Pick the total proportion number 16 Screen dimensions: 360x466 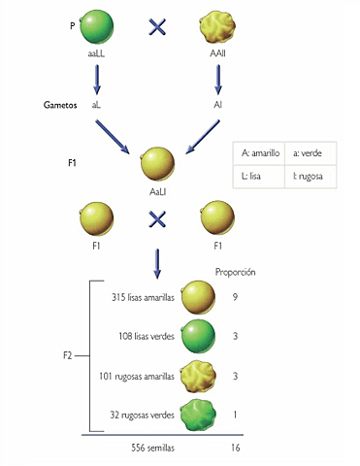click(x=236, y=449)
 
